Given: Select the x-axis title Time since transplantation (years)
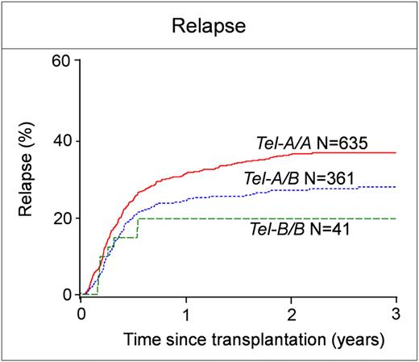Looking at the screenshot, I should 239,340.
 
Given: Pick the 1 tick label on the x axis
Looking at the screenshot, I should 186,313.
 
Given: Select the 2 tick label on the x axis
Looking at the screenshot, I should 292,313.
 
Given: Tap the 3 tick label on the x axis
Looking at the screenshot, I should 396,313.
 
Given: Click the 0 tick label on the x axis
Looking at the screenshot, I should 81,313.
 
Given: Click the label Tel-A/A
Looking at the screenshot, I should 274,144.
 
